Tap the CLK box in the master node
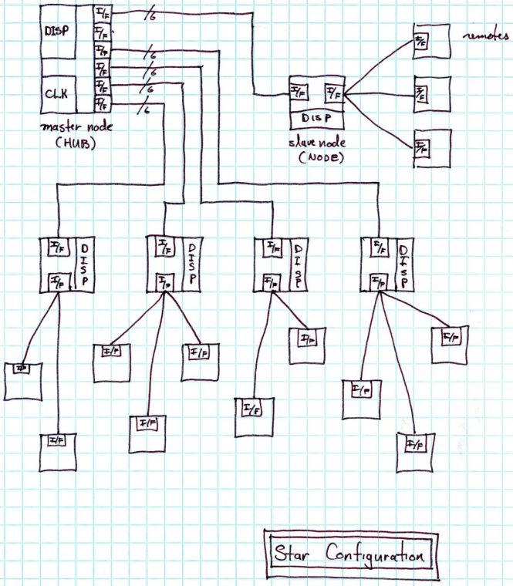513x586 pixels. click(x=56, y=93)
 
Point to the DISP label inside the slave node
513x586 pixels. click(x=318, y=118)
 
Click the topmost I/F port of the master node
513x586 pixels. click(x=101, y=14)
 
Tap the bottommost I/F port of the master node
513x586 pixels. click(x=101, y=104)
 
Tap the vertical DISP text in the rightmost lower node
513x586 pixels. click(x=403, y=264)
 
